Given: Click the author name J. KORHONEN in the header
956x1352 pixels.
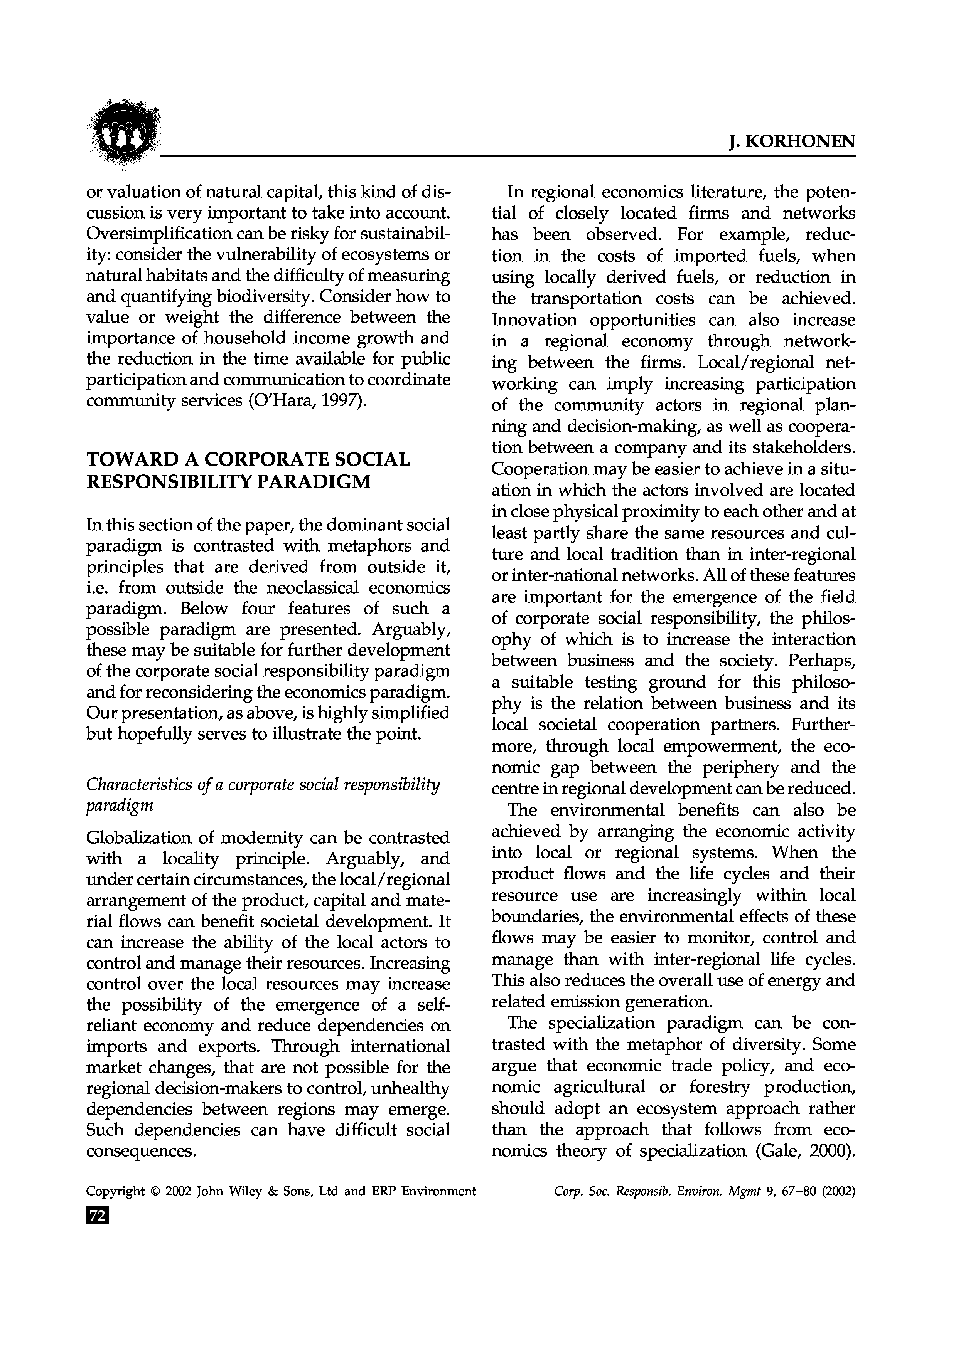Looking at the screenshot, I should tap(792, 141).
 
